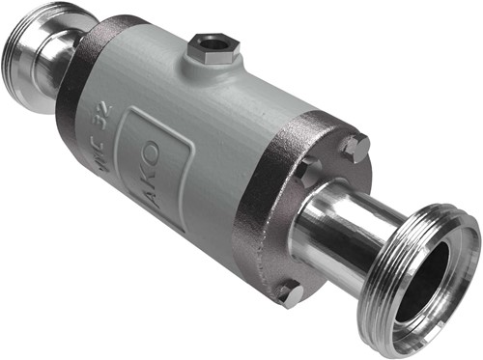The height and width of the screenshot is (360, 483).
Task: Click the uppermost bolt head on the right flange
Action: tap(354, 148)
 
